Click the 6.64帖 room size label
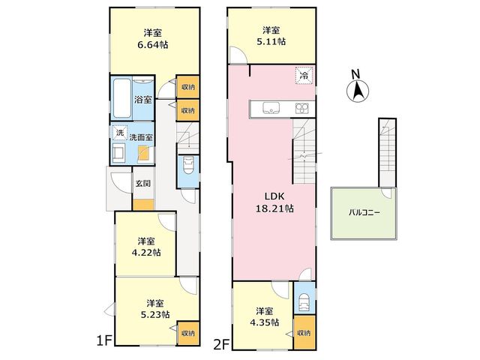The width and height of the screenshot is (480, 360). click(153, 45)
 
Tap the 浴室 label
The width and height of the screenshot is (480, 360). click(143, 100)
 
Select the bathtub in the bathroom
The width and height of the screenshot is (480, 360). click(121, 98)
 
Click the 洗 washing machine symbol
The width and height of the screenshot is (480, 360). click(120, 133)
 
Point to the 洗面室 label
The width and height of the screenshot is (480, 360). click(141, 137)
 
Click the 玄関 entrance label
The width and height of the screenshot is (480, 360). click(143, 184)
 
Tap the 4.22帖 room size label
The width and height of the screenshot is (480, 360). click(145, 253)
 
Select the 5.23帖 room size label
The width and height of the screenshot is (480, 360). click(155, 315)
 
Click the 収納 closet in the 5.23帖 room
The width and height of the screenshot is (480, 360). click(188, 333)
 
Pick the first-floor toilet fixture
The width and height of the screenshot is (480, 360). click(188, 165)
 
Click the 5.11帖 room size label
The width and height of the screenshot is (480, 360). click(271, 42)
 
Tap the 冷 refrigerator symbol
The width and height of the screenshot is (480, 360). click(304, 75)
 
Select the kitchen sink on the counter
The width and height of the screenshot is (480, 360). click(271, 109)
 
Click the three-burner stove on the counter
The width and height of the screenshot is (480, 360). click(302, 109)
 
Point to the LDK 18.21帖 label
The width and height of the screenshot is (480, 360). click(274, 202)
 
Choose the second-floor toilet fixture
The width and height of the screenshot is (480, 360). click(304, 302)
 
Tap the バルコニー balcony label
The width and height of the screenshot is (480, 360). click(364, 212)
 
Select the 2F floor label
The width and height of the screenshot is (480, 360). click(222, 345)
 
